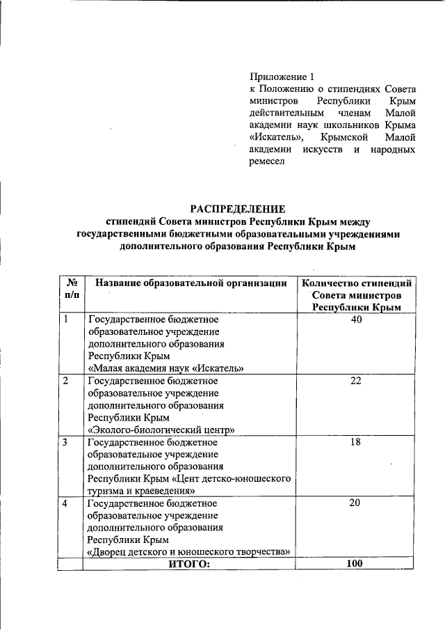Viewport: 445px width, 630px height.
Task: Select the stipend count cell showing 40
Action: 357,320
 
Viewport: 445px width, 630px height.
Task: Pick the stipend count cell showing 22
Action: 357,381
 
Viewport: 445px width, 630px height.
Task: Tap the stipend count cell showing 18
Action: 357,442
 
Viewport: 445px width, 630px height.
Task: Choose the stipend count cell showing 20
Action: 357,503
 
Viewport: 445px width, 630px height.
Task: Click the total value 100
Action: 355,564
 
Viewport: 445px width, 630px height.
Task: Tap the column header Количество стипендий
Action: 357,283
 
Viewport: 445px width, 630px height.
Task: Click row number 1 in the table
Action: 66,320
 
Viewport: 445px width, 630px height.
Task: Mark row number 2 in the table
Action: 66,381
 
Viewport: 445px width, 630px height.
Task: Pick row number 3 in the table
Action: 66,442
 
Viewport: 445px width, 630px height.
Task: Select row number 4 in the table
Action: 66,503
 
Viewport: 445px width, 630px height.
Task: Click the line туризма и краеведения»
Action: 139,491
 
